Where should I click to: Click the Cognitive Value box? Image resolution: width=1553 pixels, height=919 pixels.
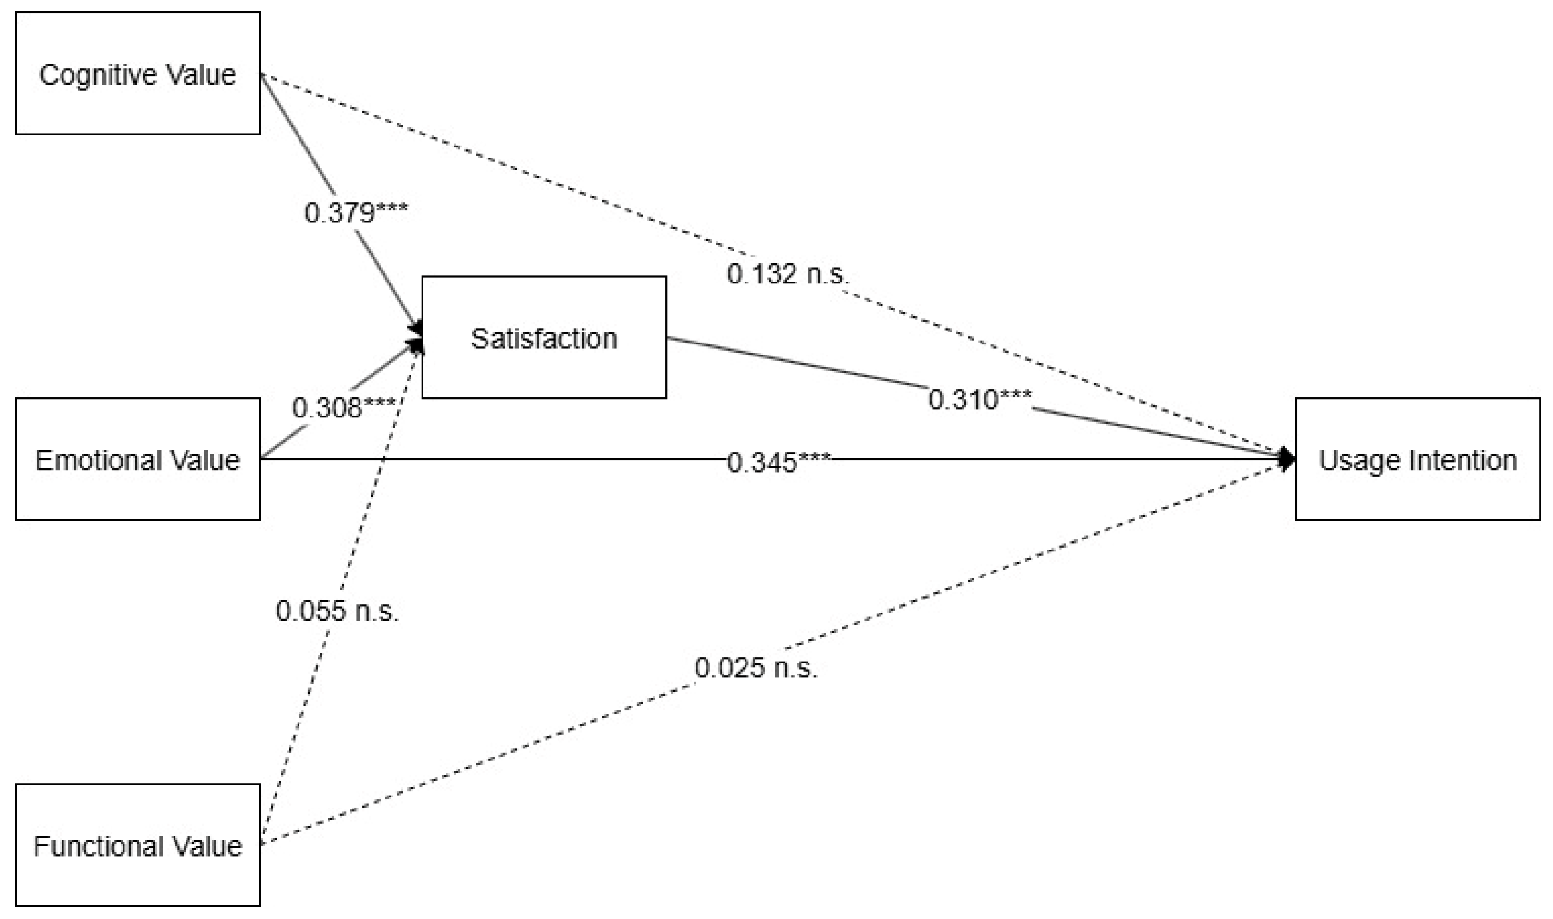[x=137, y=73]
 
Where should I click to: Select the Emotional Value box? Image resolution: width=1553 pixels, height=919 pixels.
[x=137, y=459]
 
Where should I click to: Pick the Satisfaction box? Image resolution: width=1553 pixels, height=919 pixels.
[x=544, y=338]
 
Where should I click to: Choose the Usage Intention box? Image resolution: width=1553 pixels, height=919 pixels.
[x=1417, y=459]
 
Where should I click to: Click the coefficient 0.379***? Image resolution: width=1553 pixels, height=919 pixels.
[x=356, y=212]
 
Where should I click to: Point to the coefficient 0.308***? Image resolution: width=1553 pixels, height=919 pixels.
[x=344, y=407]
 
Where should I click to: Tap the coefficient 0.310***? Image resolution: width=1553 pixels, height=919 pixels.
[x=980, y=399]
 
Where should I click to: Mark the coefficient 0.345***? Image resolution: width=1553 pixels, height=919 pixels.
[x=778, y=462]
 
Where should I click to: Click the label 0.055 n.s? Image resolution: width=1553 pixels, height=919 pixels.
[x=337, y=611]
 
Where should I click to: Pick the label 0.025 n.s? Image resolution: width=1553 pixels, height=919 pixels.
[x=755, y=668]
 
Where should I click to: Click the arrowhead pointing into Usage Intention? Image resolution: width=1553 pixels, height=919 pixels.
[x=1287, y=459]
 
